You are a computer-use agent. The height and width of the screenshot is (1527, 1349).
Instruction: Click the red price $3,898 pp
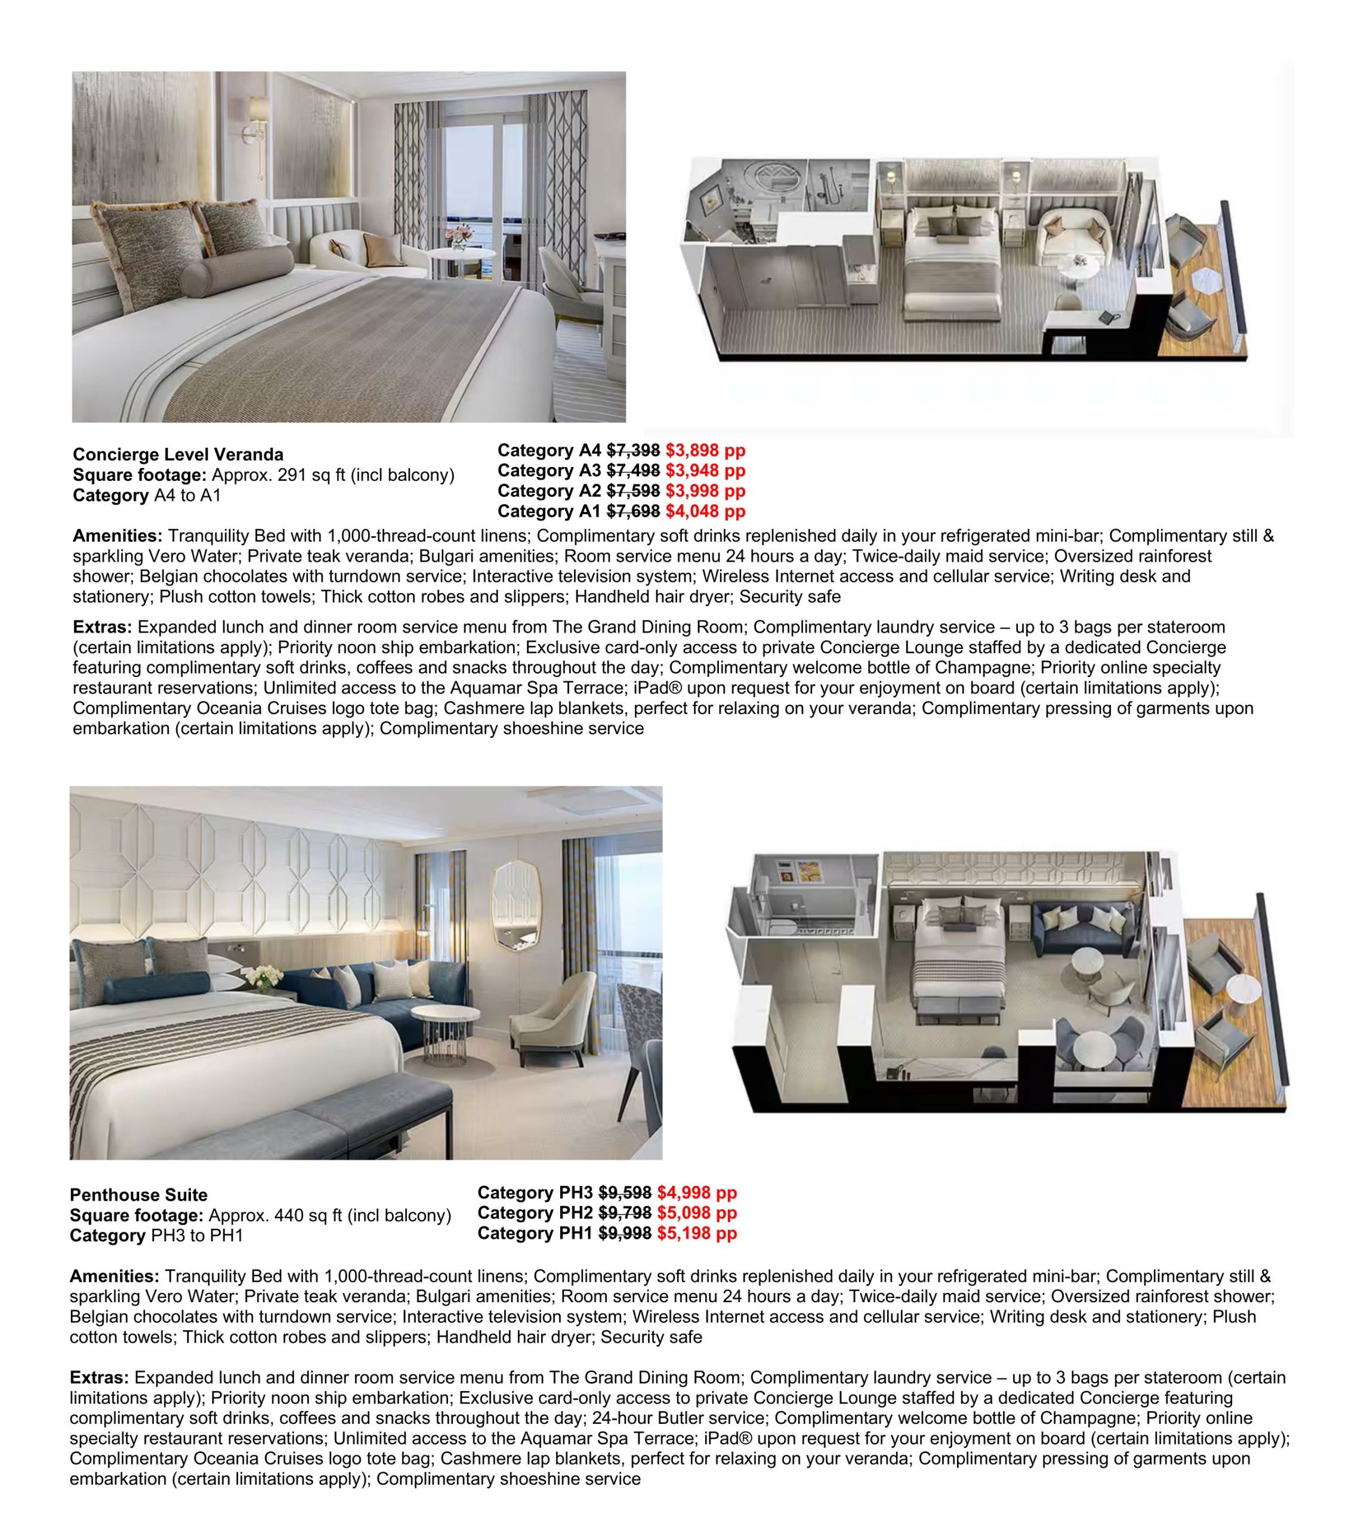(705, 450)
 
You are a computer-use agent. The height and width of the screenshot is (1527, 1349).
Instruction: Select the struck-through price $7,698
(632, 511)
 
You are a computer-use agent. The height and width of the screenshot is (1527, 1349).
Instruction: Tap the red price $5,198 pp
(696, 1233)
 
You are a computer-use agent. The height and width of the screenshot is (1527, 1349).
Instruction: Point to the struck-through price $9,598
(624, 1192)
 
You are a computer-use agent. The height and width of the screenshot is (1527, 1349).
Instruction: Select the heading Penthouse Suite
(138, 1195)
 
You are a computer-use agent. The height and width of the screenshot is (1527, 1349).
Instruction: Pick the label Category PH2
(535, 1213)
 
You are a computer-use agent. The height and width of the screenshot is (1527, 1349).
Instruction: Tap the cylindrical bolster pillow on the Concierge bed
(237, 270)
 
